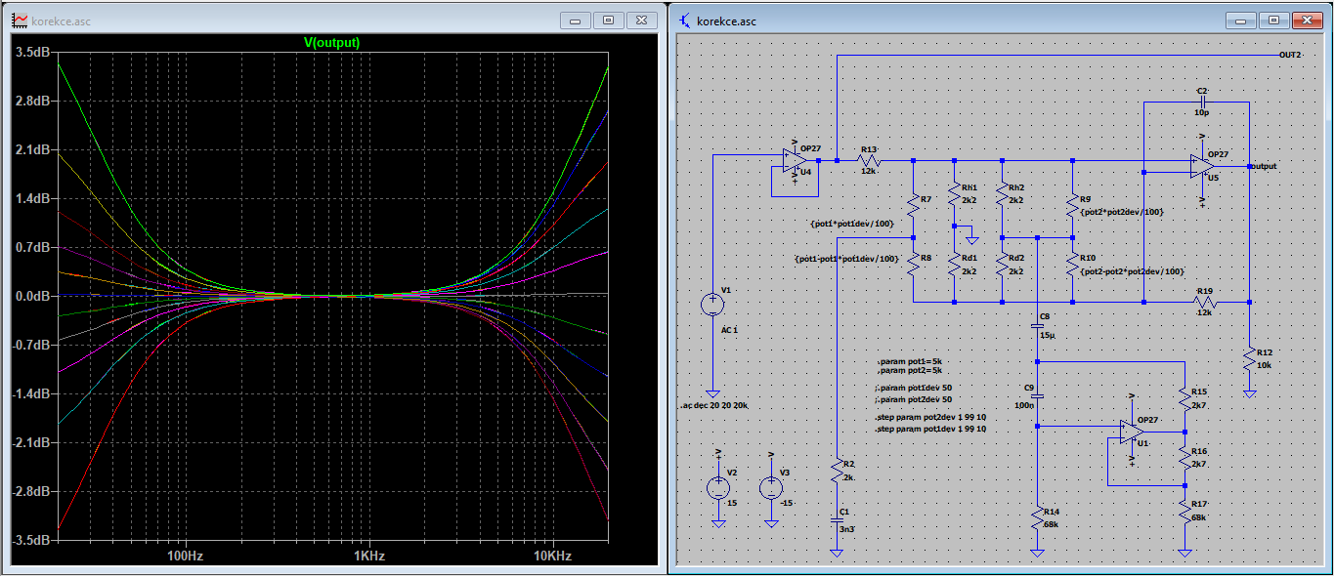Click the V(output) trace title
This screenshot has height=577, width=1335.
(x=332, y=43)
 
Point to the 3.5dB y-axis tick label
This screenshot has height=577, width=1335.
(x=33, y=52)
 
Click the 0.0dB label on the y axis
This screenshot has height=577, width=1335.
(x=33, y=296)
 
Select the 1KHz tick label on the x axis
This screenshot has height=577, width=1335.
(x=368, y=556)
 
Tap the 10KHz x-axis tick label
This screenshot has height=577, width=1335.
(x=552, y=556)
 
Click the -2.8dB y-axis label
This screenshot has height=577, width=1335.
(x=31, y=491)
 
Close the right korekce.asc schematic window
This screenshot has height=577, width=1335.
(x=1307, y=21)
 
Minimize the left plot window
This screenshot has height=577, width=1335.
(x=575, y=21)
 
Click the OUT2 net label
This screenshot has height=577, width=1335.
(x=1290, y=55)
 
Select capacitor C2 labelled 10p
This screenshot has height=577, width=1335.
(x=1202, y=103)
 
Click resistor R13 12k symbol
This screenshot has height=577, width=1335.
(x=869, y=161)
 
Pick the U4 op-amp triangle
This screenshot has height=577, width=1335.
(x=795, y=161)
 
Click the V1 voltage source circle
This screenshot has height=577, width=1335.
(x=712, y=305)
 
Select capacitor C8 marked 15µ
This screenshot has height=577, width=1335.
(x=1038, y=326)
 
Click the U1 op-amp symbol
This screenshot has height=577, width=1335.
(x=1132, y=433)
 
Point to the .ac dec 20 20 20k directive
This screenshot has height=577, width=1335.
(x=714, y=405)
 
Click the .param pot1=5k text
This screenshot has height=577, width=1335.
(x=910, y=361)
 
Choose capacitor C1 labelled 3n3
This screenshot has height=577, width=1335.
(x=837, y=520)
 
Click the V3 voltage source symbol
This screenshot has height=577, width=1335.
(x=771, y=488)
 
